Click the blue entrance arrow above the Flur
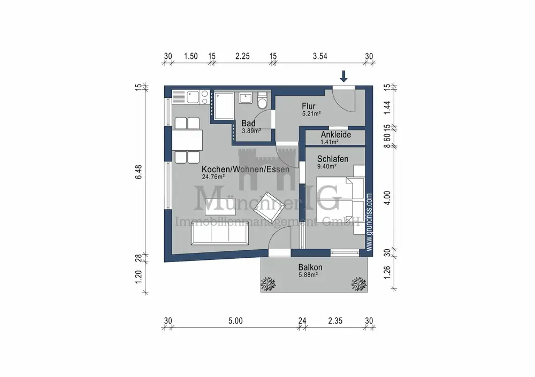[343, 76]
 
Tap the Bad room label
[248, 123]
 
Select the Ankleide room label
[336, 134]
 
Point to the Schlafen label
[333, 159]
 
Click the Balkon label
[310, 267]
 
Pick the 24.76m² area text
[213, 176]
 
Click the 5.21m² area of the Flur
[311, 114]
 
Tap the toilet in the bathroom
[262, 101]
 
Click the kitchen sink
[193, 97]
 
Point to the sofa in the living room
[219, 233]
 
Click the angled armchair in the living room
[270, 206]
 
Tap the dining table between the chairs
[187, 140]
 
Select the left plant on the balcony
[268, 284]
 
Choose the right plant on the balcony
[359, 284]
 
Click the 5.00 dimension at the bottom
[235, 321]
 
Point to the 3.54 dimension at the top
[320, 56]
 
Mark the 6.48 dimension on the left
[139, 172]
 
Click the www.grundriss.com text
[369, 222]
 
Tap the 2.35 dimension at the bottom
[335, 321]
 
